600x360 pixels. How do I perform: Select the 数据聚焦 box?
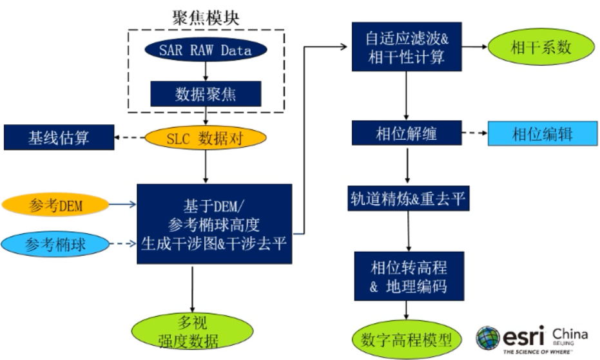click(206, 93)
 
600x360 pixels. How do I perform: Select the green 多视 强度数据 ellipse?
click(193, 332)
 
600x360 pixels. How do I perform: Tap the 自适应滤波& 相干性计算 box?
click(406, 47)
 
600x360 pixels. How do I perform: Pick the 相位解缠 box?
click(406, 133)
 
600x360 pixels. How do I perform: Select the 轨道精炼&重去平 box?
click(406, 199)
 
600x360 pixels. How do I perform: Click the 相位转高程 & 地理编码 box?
click(408, 276)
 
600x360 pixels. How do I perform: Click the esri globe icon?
click(488, 337)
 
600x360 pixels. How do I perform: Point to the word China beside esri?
click(570, 334)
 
